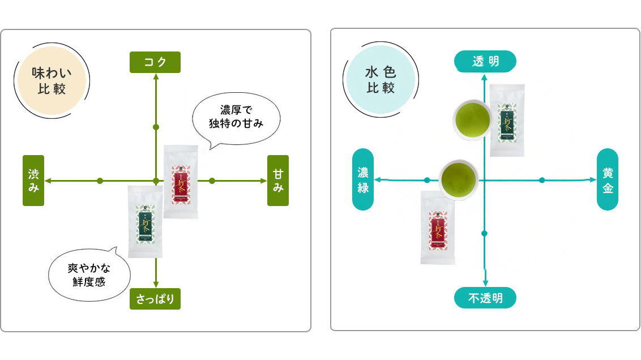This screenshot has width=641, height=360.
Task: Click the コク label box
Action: (155, 62)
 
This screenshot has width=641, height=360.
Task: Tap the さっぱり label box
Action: (155, 299)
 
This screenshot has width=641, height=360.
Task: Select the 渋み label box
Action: (33, 181)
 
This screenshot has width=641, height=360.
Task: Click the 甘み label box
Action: (278, 181)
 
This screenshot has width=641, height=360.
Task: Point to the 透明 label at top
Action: (485, 61)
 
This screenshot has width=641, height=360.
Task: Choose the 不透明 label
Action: (485, 298)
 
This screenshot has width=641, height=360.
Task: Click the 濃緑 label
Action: (363, 179)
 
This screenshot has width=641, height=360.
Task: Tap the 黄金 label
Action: (608, 179)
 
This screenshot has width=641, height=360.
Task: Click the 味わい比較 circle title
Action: (52, 81)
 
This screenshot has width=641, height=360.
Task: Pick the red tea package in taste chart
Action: (181, 182)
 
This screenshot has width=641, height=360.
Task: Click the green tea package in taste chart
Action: (145, 222)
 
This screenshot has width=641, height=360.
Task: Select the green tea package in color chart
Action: (507, 120)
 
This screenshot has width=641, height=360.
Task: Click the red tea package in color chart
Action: (438, 228)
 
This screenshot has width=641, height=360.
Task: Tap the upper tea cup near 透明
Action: (472, 118)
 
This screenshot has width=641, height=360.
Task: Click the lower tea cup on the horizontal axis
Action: (459, 178)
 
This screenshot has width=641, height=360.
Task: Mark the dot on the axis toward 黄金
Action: (542, 180)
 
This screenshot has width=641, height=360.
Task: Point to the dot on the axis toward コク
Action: (156, 127)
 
